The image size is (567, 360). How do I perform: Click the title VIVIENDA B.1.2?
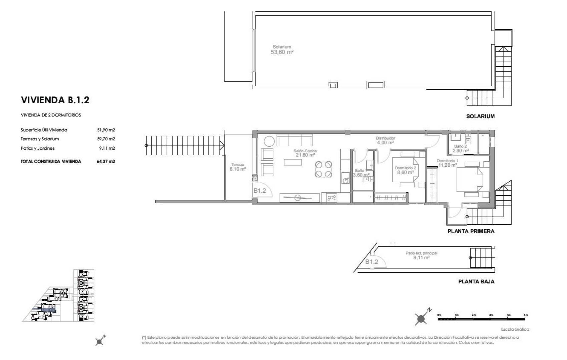(55, 100)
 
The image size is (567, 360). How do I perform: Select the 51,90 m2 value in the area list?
(106, 130)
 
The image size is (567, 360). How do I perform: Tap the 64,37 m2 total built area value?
(106, 161)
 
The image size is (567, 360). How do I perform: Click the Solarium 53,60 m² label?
(282, 50)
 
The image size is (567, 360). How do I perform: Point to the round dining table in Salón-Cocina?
(324, 169)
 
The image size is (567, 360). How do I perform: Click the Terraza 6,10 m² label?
(237, 167)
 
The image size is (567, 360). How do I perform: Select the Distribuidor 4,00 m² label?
(385, 140)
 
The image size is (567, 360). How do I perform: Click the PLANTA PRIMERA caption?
(471, 231)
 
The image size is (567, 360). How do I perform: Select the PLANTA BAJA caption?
(476, 281)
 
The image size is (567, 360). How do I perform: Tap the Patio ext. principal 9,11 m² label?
(421, 255)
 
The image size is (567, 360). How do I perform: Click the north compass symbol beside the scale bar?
(422, 318)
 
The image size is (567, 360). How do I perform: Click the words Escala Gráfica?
(515, 329)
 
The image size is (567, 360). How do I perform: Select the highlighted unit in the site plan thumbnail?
(47, 310)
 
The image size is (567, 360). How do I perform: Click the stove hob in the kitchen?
(332, 198)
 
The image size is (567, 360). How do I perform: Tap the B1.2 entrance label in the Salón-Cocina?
(259, 191)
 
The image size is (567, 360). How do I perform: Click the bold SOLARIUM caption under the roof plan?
(480, 116)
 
